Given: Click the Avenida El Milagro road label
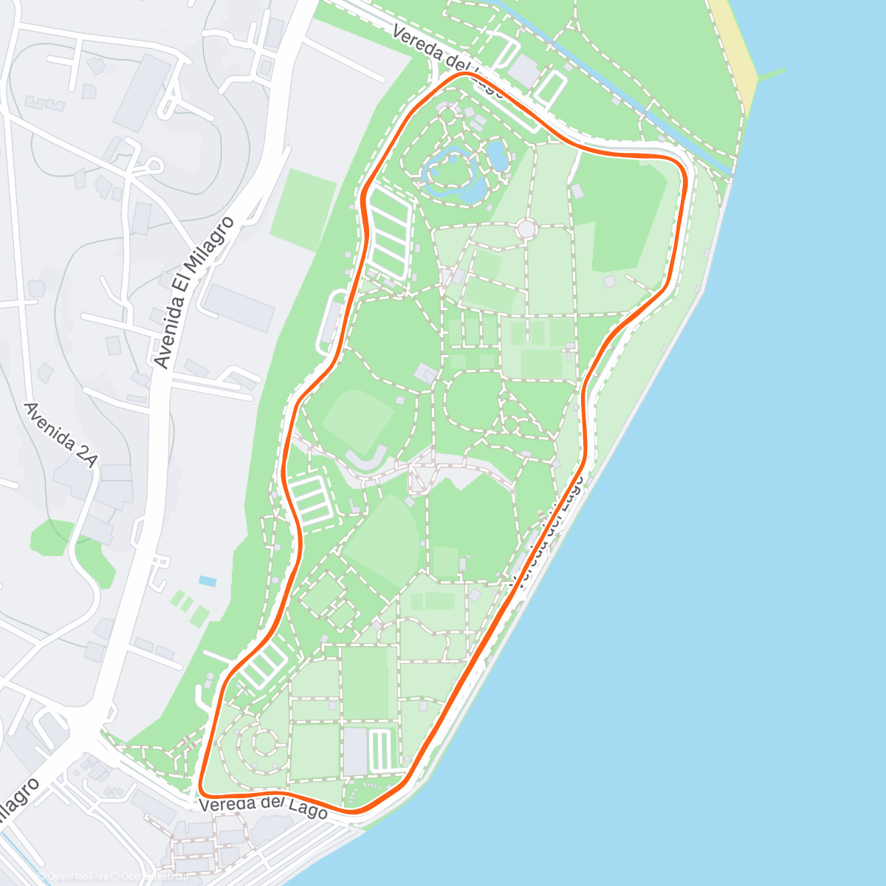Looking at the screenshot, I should click(194, 292).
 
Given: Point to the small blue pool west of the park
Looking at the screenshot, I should click(207, 581).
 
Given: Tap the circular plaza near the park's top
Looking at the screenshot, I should click(526, 229).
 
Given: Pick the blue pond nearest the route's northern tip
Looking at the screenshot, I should click(497, 155).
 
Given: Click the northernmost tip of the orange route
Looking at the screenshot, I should click(464, 74).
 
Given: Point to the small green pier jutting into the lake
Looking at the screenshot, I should click(772, 72).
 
